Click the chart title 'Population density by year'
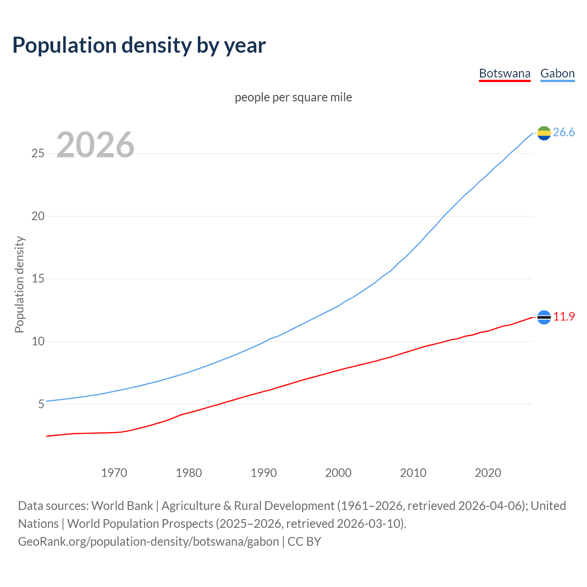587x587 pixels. tap(139, 45)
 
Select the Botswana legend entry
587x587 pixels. tap(504, 73)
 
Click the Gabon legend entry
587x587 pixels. tap(557, 73)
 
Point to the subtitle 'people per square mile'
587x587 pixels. tap(293, 97)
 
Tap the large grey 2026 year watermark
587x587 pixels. tap(95, 145)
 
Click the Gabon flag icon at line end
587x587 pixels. tap(544, 133)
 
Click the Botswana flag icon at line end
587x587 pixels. tap(544, 317)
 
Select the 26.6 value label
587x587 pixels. tap(564, 133)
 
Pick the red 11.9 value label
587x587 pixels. tap(564, 317)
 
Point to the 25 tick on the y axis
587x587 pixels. tap(38, 153)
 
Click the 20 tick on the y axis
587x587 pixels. tap(38, 216)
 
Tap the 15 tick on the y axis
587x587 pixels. tap(38, 279)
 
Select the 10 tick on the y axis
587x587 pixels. tap(38, 341)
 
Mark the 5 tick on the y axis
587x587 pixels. tap(41, 404)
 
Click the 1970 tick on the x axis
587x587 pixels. tap(114, 473)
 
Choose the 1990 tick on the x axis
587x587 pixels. tap(264, 473)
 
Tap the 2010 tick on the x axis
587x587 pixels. tap(413, 473)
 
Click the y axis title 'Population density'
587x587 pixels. tap(19, 284)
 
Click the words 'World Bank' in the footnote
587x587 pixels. tap(122, 506)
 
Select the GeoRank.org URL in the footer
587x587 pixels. tap(148, 542)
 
